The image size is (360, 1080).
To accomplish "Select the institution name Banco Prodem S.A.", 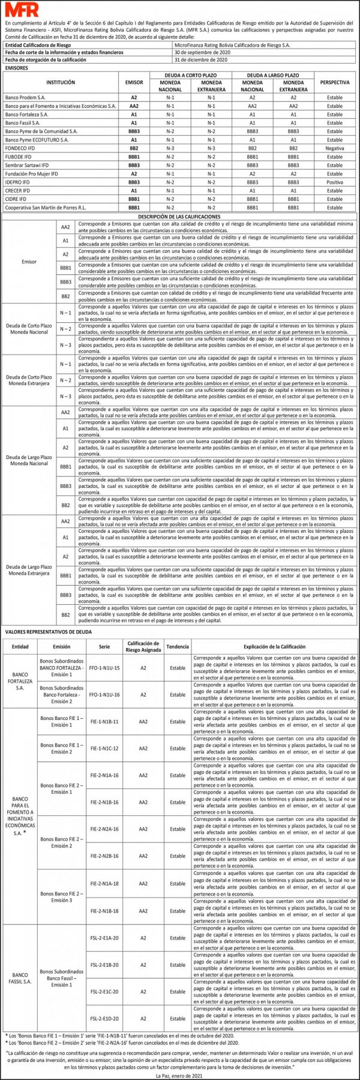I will coord(25,97).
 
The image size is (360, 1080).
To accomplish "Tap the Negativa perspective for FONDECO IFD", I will coord(335,148).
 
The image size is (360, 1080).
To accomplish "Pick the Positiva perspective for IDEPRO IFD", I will coord(335,182).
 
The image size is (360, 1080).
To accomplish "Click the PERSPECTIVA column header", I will coord(335,82).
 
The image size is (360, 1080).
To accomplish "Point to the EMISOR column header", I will coord(134,82).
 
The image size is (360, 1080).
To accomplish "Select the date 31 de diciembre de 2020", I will coord(201,60).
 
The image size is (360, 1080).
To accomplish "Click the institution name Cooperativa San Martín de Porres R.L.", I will coord(45,208).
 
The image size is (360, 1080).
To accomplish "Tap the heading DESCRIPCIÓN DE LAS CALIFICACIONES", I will coord(179,217).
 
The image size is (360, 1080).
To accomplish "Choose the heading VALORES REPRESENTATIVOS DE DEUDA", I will coord(48,632).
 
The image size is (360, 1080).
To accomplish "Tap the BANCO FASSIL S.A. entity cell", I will coord(20,978).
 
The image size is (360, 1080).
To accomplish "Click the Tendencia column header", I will coord(178,646).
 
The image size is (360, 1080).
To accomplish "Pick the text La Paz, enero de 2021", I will coord(179,1075).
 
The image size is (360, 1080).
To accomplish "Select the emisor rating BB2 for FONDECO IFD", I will coord(134,148).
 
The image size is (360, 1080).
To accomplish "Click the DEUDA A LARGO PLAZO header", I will coord(273,76).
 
